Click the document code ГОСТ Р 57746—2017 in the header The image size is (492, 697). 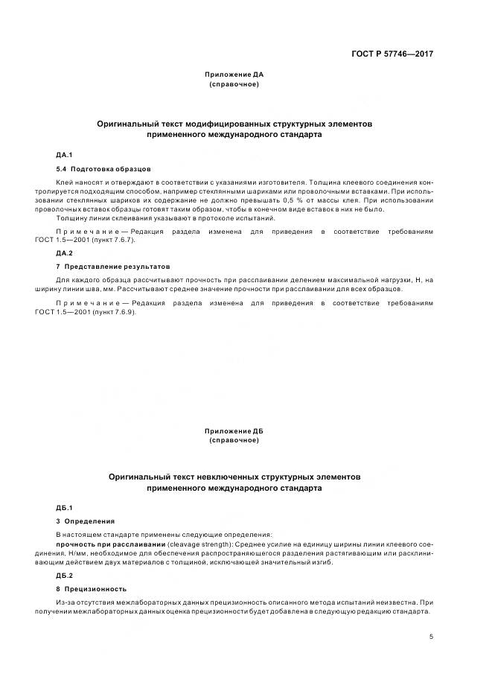click(x=392, y=54)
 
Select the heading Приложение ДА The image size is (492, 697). click(x=234, y=75)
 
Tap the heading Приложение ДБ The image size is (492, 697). click(x=234, y=431)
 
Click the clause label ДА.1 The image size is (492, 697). click(x=64, y=154)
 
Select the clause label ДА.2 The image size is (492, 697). click(x=64, y=253)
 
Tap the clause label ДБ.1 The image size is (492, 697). click(x=64, y=507)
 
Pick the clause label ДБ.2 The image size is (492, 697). click(x=64, y=576)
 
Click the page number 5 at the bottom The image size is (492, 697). click(x=432, y=637)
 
